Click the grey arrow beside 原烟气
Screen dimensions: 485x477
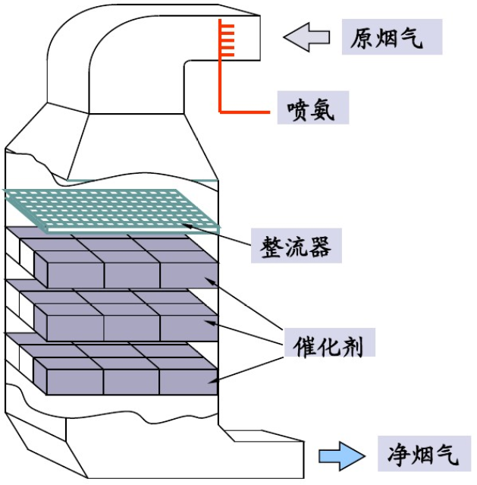tap(307, 36)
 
